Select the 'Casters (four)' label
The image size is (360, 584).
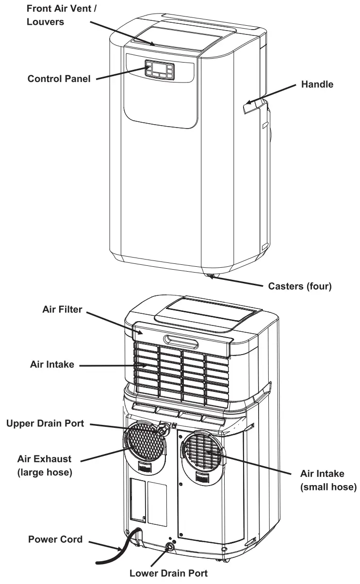tap(300, 286)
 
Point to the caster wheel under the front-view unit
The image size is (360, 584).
tap(211, 277)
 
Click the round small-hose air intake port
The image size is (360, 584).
tap(202, 451)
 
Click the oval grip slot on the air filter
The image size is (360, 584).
tap(180, 341)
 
